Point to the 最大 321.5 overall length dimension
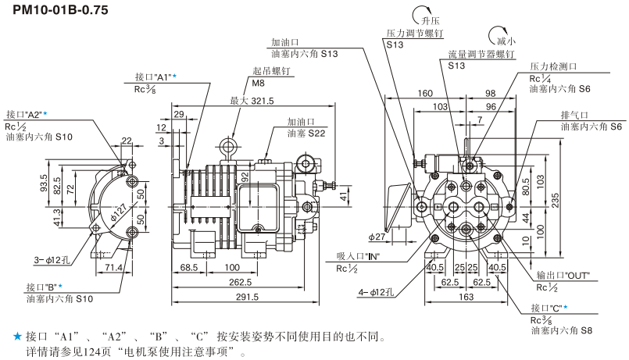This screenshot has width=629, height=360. tap(252, 101)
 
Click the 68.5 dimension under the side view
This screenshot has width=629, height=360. tap(188, 267)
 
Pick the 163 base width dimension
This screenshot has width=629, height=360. tap(465, 297)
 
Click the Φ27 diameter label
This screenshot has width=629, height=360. tap(377, 237)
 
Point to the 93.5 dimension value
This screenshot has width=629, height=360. tap(45, 183)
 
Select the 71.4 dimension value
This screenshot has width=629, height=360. tap(114, 268)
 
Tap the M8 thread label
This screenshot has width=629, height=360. tap(258, 82)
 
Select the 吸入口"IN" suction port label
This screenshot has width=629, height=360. tap(358, 256)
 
